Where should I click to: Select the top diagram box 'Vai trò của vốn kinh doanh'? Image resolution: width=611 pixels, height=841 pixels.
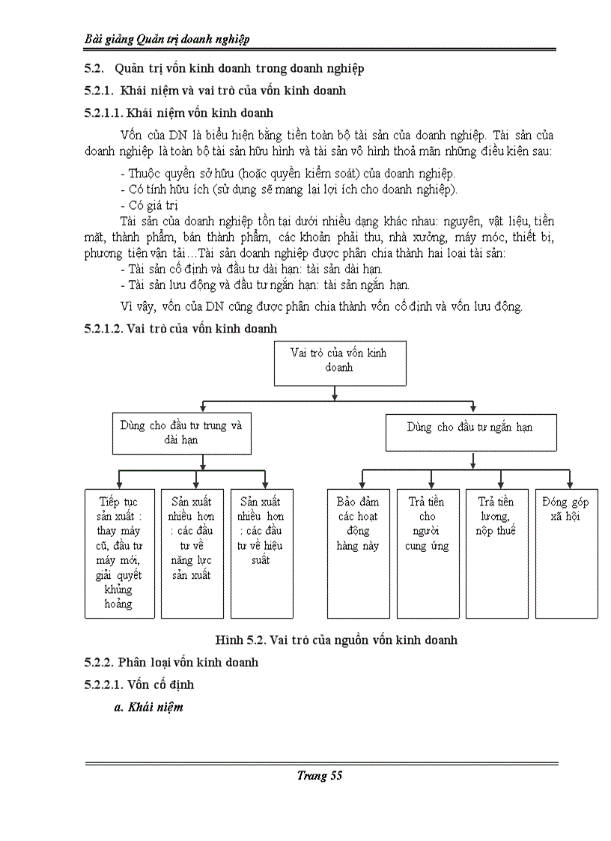coord(338,362)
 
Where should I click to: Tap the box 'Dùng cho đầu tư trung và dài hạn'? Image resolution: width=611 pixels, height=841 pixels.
coord(181,432)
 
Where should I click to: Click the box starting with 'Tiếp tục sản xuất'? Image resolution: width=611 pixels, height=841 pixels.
coord(120,553)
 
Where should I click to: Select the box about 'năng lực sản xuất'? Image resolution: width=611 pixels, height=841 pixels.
coord(192,553)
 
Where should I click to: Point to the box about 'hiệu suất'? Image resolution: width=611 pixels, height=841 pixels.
coord(261,553)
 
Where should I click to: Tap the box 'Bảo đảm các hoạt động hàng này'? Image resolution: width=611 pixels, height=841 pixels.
coord(359,553)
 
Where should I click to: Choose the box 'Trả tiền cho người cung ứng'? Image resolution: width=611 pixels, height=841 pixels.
coord(428,553)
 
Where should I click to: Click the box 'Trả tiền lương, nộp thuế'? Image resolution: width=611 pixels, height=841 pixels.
coord(496,553)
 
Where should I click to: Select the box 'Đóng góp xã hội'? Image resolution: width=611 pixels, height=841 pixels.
coord(566,553)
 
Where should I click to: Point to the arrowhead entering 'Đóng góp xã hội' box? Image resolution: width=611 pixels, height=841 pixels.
coord(570,485)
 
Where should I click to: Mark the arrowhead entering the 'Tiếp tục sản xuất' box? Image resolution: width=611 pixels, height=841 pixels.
coord(120,485)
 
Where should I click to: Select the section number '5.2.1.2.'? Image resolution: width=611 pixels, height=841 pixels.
coord(104,328)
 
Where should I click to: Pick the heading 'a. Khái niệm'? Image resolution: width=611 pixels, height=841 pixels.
coord(148,707)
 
